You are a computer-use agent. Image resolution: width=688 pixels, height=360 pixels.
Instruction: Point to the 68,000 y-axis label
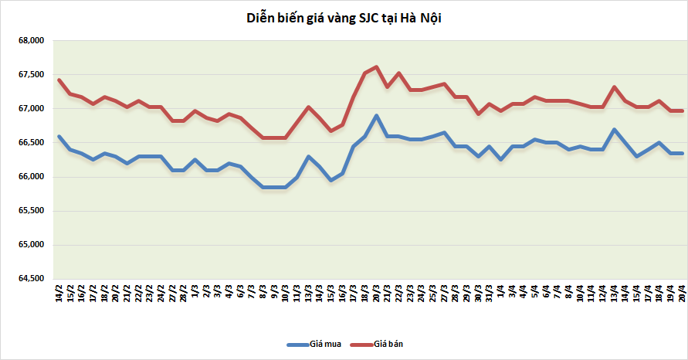pos(32,41)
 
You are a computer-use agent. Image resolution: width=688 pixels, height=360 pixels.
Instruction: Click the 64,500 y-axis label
pos(32,279)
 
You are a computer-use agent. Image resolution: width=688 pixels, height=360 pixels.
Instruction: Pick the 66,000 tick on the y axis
pos(32,177)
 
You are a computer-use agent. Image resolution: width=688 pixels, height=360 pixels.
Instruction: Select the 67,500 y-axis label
pos(32,75)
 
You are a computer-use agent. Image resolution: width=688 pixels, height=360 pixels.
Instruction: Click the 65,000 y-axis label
pos(32,245)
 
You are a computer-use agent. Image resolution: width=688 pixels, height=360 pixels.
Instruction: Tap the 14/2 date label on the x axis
pos(59,294)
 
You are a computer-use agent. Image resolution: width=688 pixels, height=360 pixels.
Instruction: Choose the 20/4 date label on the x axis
pos(681,294)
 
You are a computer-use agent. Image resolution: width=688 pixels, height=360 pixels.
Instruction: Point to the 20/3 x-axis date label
pos(376,294)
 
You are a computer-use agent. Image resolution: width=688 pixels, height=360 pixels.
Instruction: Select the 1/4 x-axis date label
pos(501,293)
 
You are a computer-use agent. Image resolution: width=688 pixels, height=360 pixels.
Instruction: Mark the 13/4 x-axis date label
pos(614,294)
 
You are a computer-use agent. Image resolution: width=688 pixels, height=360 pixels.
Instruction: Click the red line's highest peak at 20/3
pos(376,66)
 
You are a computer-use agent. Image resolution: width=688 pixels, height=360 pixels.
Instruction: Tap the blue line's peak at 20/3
pos(376,116)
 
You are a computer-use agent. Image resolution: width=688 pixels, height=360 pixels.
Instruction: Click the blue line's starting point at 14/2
pos(59,137)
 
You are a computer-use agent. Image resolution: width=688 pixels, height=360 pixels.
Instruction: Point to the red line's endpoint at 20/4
pos(681,110)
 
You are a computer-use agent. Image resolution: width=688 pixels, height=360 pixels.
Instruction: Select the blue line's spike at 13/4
pos(614,129)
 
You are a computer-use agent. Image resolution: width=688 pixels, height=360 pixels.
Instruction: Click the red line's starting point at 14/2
pos(59,80)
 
